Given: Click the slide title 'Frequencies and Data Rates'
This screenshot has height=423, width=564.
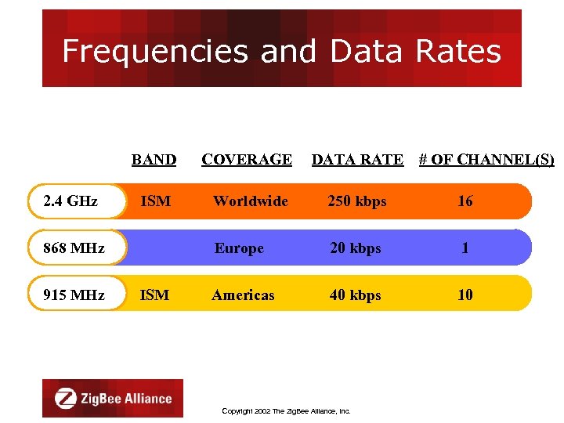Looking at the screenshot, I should click(x=281, y=52).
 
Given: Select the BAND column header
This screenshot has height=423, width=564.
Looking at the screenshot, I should click(x=154, y=160).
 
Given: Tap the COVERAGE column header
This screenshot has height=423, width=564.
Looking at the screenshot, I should click(x=247, y=160).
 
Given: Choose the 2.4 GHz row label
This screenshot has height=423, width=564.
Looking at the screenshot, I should click(x=71, y=201).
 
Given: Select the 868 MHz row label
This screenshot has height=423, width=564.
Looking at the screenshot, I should click(x=74, y=248).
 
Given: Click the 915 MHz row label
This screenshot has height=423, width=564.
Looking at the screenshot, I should click(x=74, y=295).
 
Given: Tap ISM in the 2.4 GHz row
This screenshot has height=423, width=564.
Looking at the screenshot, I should click(x=155, y=201).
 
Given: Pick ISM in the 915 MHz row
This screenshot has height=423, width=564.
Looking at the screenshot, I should click(x=154, y=295).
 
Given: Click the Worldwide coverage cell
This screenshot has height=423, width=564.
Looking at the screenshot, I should click(x=251, y=201).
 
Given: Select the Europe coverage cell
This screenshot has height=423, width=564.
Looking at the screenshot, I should click(x=240, y=248).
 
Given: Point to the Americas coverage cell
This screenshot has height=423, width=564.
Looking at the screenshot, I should click(x=243, y=295).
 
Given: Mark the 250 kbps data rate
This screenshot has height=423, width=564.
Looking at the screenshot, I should click(x=357, y=201).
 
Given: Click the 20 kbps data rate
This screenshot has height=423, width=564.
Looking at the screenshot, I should click(x=356, y=248).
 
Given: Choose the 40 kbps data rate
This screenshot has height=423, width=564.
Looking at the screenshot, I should click(x=356, y=295).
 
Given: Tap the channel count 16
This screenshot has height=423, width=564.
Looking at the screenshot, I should click(x=465, y=201).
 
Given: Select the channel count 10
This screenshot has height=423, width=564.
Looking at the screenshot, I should click(x=465, y=295).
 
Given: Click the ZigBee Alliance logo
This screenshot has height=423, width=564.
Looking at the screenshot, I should click(x=113, y=399).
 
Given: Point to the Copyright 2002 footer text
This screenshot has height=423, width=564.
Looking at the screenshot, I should click(x=286, y=410).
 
